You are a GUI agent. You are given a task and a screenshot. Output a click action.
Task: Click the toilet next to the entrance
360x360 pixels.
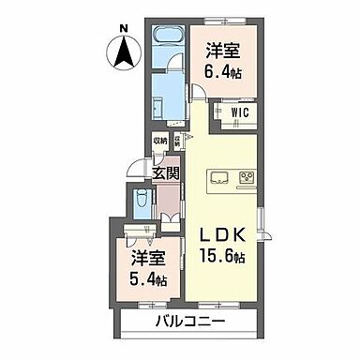click(x=142, y=202)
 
